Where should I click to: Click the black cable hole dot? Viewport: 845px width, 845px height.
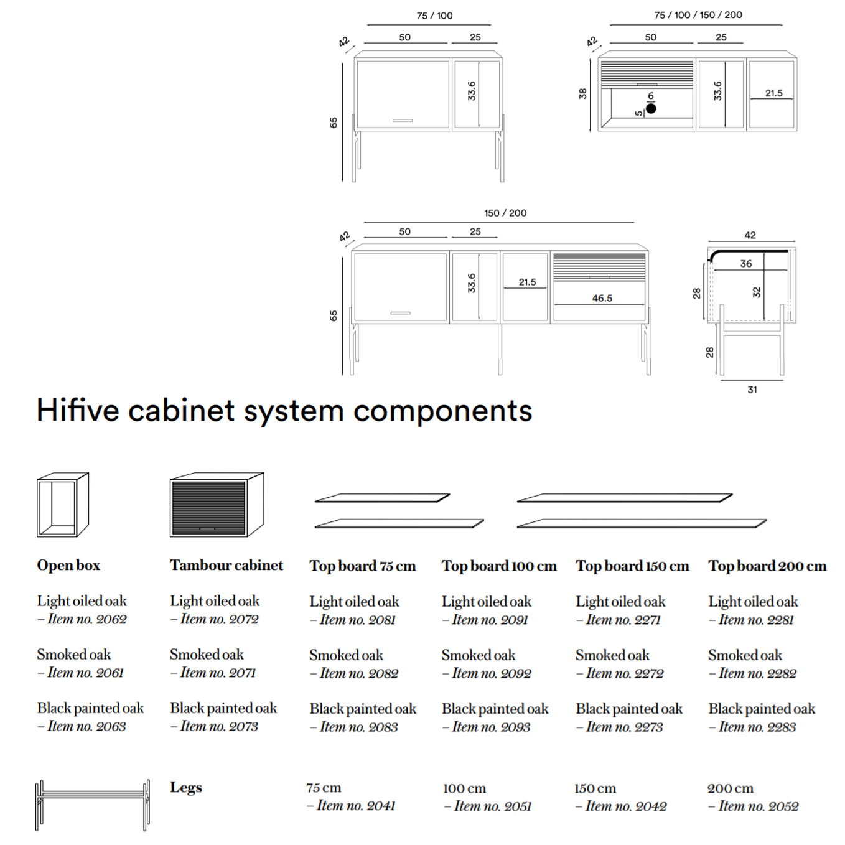tap(651, 108)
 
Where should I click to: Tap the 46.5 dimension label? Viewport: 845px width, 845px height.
tap(602, 298)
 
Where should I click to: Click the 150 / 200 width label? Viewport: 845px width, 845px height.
tap(505, 213)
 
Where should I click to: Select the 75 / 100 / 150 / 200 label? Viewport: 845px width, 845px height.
tap(698, 15)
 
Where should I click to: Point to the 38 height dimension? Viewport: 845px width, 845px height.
tap(582, 93)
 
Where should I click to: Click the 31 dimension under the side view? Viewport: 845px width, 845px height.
tap(752, 390)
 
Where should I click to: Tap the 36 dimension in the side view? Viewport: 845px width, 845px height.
tap(746, 263)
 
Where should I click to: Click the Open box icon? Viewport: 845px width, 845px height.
tap(63, 505)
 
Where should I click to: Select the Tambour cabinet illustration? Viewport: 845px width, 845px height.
tap(217, 505)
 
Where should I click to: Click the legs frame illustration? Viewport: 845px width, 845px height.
tap(93, 805)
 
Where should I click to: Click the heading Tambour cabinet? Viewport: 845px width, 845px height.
tap(226, 565)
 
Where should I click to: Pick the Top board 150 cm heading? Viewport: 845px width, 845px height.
tap(632, 566)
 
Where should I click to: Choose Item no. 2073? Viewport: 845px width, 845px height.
tap(219, 726)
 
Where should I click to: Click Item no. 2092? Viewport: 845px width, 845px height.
tap(492, 673)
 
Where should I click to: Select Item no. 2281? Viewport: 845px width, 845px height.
tap(756, 620)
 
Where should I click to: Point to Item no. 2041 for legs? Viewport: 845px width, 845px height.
tap(356, 806)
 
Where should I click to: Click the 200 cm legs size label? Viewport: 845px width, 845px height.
tap(731, 788)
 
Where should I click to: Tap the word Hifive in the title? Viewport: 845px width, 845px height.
tap(78, 411)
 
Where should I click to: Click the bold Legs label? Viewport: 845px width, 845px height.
tap(186, 787)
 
